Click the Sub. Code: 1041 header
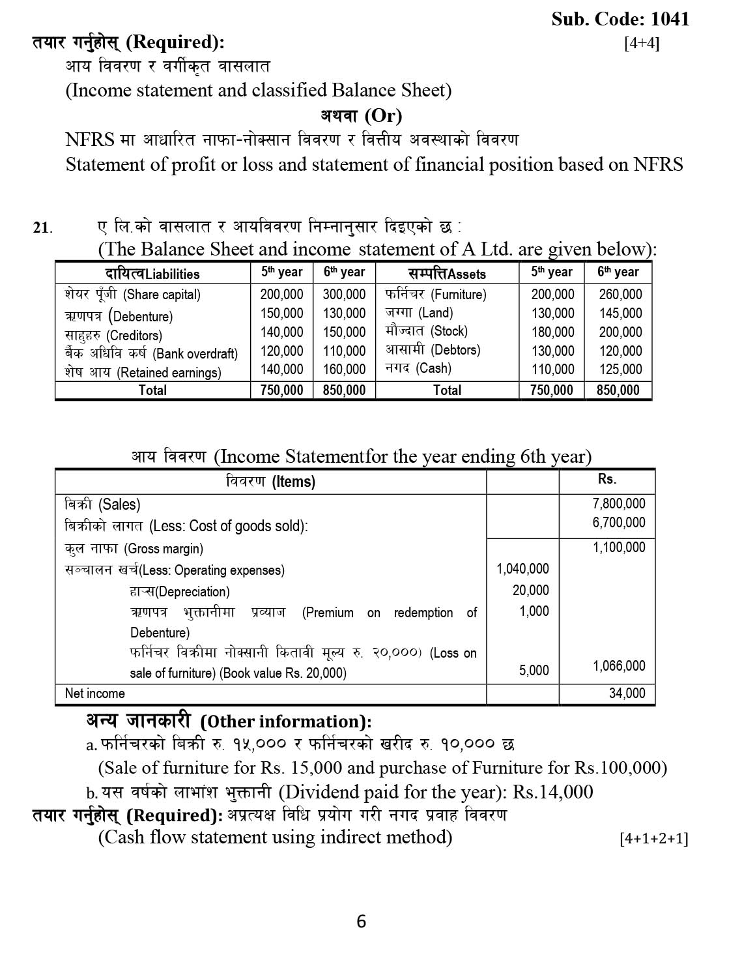pos(620,19)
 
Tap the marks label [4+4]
pos(641,44)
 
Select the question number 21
pos(42,228)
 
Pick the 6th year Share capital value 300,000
pos(344,295)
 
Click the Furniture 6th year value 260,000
pos(620,295)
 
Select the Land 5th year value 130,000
pos(552,313)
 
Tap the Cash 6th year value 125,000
pos(620,370)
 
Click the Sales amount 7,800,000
pos(618,504)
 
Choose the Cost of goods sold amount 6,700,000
pos(618,523)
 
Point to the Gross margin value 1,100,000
pos(618,547)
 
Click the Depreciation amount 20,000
pos(530,590)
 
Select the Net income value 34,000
pos(627,693)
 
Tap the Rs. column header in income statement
pos(606,479)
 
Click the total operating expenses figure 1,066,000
pos(618,666)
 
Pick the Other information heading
pos(229,721)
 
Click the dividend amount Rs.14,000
pos(552,793)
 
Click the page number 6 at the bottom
pos(362,922)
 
